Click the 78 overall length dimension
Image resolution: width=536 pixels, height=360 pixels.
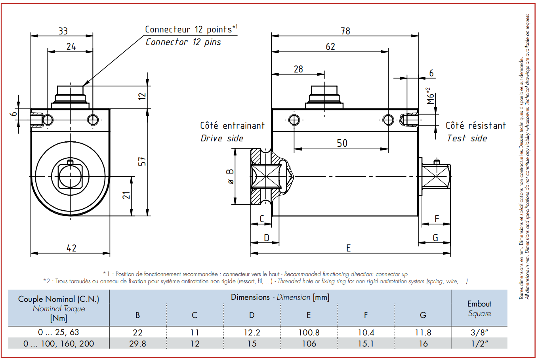coord(345,31)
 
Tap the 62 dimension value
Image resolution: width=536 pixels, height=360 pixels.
coord(330,46)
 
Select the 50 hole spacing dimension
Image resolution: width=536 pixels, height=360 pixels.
coord(342,143)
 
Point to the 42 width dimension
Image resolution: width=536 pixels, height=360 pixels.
coord(71,248)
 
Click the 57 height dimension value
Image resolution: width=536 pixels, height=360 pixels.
coord(142,162)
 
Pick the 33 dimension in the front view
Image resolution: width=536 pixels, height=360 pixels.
coord(63,31)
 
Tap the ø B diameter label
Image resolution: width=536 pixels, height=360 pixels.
coord(231,177)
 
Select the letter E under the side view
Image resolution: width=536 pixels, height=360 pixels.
coord(348,248)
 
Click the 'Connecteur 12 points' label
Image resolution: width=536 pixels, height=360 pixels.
coord(191,29)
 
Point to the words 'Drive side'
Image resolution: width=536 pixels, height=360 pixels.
coord(222,138)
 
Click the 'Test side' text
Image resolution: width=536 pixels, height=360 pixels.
coord(467,138)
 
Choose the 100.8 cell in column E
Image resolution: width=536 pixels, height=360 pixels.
coord(309,332)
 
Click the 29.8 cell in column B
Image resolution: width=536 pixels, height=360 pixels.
coord(137,343)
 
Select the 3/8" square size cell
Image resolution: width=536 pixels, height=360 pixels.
coord(479,332)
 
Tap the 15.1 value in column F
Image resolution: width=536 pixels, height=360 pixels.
coord(366,343)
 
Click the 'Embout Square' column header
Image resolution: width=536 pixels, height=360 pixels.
coord(479,309)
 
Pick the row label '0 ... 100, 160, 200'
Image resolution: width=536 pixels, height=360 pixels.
coord(59,343)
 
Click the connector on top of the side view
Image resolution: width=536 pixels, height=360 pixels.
coord(324,97)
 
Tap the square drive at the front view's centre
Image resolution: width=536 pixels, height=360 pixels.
coord(70,176)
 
